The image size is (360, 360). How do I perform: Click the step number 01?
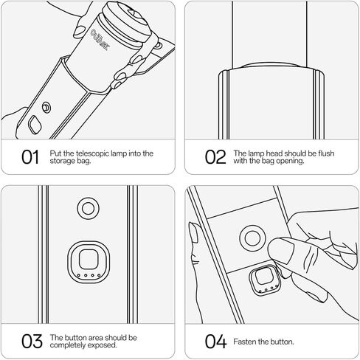click(30, 157)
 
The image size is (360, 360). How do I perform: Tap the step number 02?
click(215, 157)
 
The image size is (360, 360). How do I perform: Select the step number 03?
click(32, 341)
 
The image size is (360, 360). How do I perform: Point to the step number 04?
click(215, 341)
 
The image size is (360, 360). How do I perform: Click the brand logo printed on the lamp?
click(100, 40)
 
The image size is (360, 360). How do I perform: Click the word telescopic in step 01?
click(93, 153)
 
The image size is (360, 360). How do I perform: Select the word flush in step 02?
click(326, 153)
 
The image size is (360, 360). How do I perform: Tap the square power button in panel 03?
click(89, 262)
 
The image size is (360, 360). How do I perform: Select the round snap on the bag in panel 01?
click(46, 108)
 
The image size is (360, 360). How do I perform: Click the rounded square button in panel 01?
click(35, 125)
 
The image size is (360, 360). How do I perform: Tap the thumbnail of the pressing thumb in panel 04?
click(280, 251)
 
